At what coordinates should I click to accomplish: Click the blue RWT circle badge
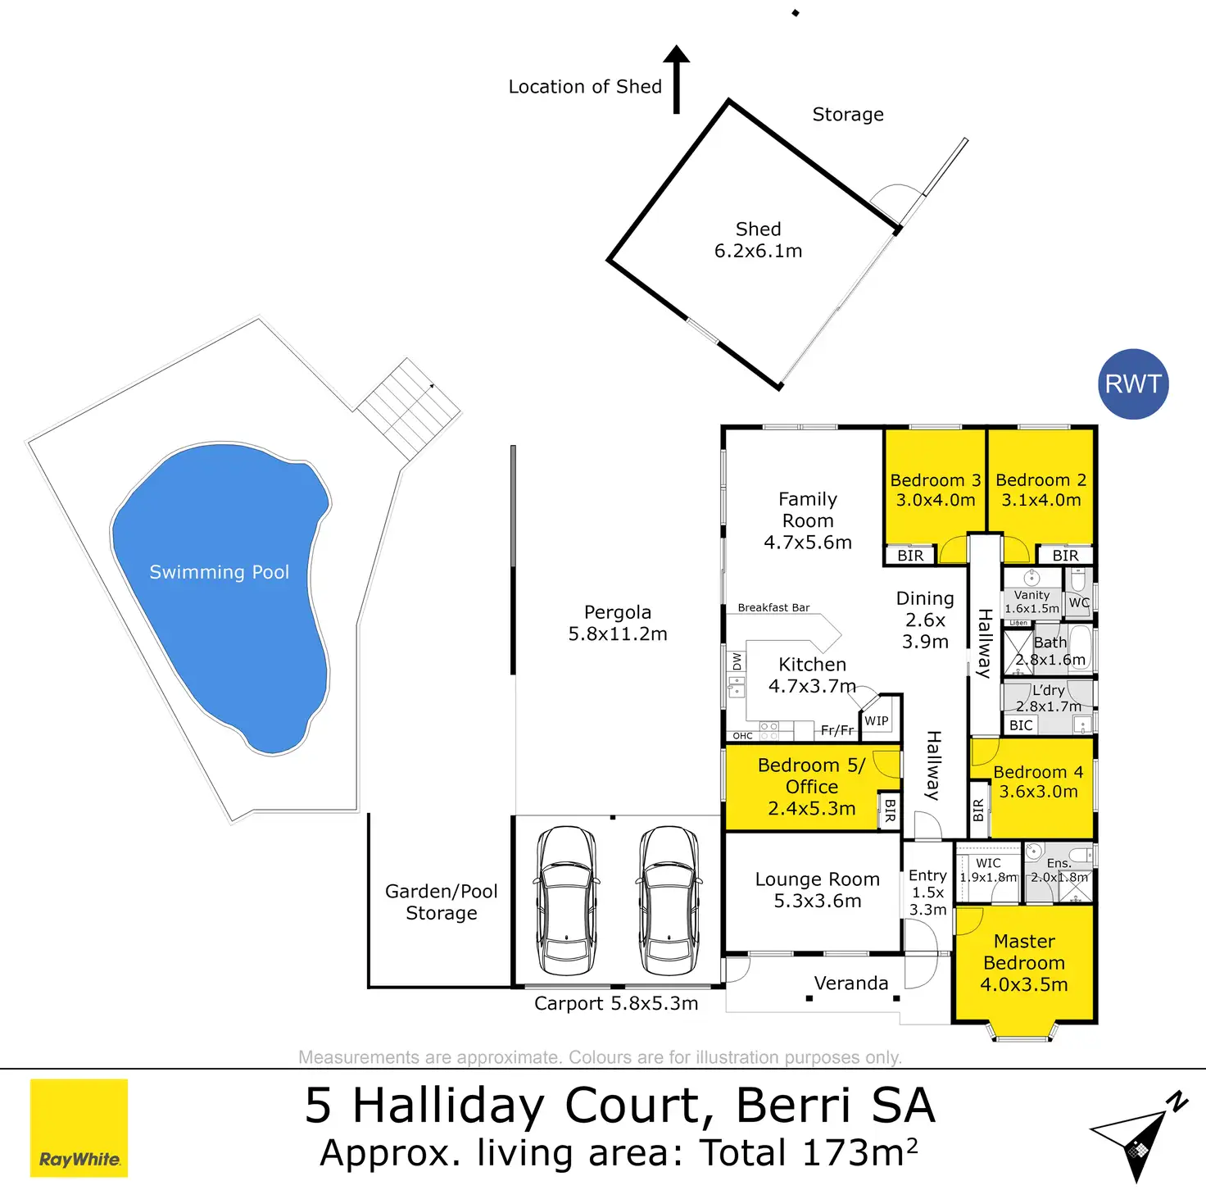click(x=1133, y=384)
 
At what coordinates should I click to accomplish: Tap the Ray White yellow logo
click(x=79, y=1128)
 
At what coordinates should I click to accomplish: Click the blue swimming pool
click(x=220, y=590)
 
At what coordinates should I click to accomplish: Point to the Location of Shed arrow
click(x=677, y=78)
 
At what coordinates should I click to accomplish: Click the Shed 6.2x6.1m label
click(x=758, y=240)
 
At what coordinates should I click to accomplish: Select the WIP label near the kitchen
click(x=877, y=721)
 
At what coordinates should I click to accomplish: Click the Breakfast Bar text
click(x=773, y=608)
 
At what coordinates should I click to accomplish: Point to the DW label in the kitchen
click(x=737, y=661)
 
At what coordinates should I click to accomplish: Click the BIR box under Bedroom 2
click(x=1065, y=556)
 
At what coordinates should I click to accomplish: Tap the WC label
click(x=1079, y=603)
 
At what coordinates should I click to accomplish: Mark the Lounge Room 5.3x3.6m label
click(x=818, y=890)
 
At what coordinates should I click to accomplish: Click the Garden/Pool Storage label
click(x=442, y=902)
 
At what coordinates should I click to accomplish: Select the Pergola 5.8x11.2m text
click(x=618, y=623)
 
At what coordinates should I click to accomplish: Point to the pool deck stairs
click(x=409, y=407)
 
